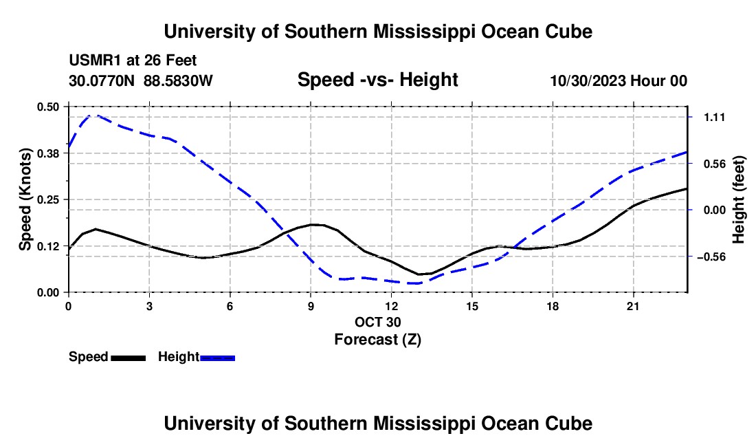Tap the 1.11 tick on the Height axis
(x=715, y=117)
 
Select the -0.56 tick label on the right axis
(x=711, y=257)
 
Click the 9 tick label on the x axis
(x=311, y=306)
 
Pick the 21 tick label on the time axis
(x=633, y=306)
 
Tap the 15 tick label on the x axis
(x=472, y=306)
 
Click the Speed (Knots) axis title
(x=25, y=199)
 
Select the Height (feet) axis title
(x=739, y=199)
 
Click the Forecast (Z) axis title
(x=378, y=339)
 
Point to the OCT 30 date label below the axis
(x=378, y=322)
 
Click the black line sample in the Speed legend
(x=129, y=358)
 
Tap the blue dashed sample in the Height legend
(x=217, y=358)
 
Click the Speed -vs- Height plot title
(x=377, y=80)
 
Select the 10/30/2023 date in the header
(x=588, y=80)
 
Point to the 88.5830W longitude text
(x=178, y=80)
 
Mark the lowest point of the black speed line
(x=419, y=274)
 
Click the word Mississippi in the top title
(x=424, y=32)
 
